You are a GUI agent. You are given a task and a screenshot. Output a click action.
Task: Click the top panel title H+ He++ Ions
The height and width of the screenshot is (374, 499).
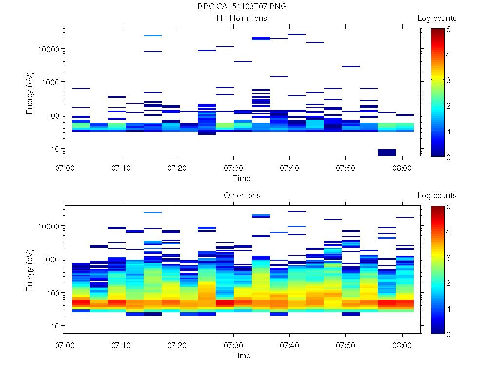click(x=242, y=19)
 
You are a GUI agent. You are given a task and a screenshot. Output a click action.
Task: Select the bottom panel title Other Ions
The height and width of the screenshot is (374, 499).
click(x=242, y=196)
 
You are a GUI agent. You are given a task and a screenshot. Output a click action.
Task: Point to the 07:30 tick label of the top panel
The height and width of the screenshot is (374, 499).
click(x=234, y=168)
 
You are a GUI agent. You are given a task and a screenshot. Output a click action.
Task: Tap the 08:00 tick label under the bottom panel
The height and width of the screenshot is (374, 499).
click(x=402, y=345)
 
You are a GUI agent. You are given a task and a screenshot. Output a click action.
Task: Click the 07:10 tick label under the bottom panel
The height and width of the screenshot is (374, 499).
click(x=121, y=345)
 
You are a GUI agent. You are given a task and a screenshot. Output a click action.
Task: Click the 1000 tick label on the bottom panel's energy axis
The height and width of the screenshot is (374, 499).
click(x=51, y=260)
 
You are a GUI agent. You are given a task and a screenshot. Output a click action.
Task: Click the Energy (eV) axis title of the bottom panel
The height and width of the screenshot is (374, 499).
click(x=30, y=271)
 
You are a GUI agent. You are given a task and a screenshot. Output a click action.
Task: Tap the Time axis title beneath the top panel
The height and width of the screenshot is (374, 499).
click(x=242, y=178)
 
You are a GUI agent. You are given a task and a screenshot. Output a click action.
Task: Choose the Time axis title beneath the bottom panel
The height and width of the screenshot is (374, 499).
click(x=242, y=355)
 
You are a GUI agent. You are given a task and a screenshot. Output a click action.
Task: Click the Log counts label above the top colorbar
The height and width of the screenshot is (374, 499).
click(x=437, y=19)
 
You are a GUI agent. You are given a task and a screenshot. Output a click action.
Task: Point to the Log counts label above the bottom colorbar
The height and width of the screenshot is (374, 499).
click(x=437, y=196)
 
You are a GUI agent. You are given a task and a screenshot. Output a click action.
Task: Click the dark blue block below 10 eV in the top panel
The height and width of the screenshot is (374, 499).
click(x=386, y=152)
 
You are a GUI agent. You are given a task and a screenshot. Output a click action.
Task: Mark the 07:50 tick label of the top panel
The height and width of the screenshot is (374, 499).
click(x=346, y=168)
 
